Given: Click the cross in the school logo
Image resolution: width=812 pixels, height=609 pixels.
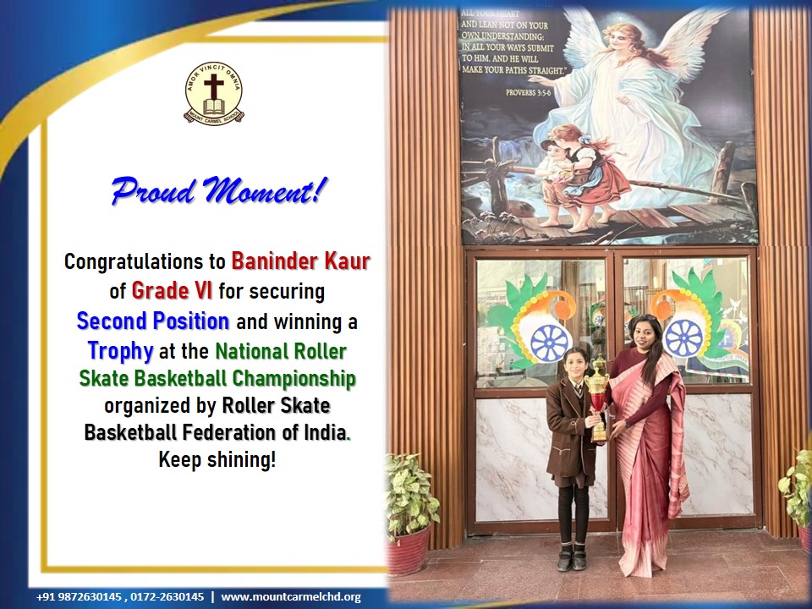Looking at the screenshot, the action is (213, 85).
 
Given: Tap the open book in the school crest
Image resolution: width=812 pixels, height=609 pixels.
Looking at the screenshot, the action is (213, 107).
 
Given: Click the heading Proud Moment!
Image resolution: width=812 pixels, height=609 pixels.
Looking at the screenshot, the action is (220, 190).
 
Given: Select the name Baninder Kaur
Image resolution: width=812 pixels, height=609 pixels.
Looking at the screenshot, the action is (300, 261).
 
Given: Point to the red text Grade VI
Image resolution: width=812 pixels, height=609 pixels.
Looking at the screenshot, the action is (172, 290).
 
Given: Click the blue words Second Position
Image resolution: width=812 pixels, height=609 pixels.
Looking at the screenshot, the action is (153, 321).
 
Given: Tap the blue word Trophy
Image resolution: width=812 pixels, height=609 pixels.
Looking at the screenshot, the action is (120, 351).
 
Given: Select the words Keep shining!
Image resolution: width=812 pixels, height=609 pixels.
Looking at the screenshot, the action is (217, 459).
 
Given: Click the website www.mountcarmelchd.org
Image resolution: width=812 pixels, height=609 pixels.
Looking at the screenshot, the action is (290, 597).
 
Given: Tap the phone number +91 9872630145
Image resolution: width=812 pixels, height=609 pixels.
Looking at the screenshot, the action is (80, 597).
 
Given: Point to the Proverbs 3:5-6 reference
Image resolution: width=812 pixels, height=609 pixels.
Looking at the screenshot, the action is (528, 93).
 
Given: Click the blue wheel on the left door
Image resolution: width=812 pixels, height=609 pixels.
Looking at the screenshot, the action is (549, 343).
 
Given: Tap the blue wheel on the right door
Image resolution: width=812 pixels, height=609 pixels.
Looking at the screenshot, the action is (683, 338).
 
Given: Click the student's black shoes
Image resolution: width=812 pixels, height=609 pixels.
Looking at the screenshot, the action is (572, 558).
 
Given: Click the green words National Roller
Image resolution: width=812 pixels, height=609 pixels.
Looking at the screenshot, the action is (280, 351).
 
